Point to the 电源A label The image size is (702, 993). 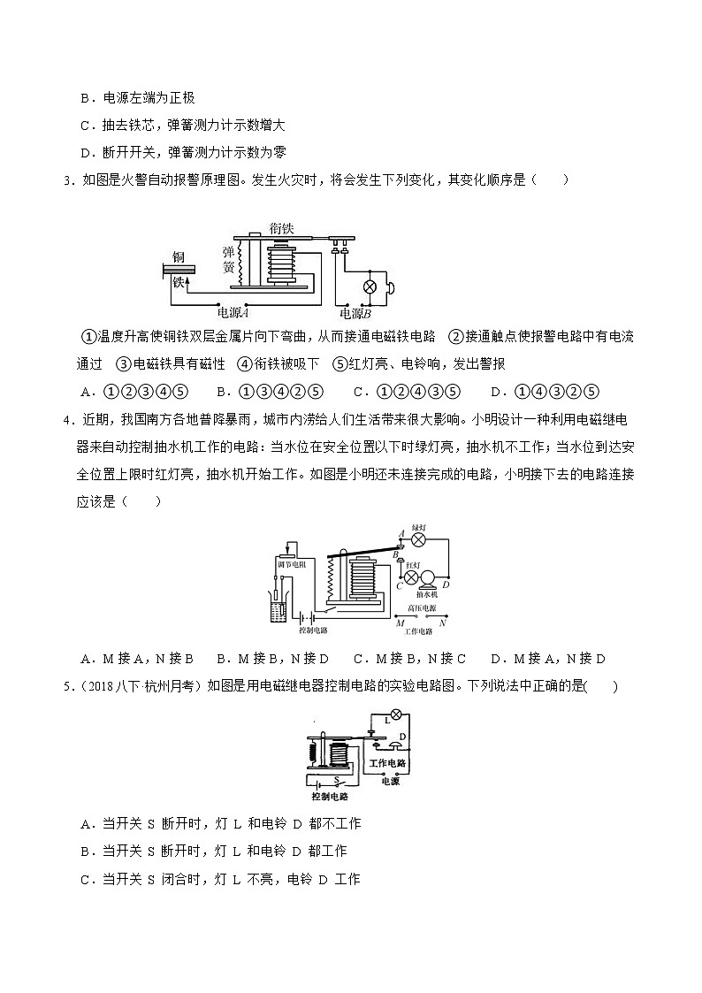tap(233, 312)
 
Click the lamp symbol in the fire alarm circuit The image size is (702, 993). tap(371, 286)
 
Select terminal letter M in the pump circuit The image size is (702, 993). tap(401, 623)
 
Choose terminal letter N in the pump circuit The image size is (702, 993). tap(442, 623)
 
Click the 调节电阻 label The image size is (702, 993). tap(290, 563)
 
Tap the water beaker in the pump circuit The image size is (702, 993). tap(276, 611)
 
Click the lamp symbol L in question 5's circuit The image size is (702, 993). tap(397, 714)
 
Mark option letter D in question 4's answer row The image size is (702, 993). tap(495, 658)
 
